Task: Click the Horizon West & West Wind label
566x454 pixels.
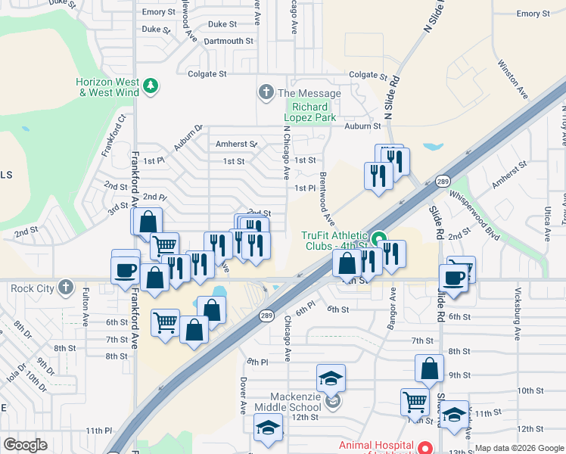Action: point(107,87)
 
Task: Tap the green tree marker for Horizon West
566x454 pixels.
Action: point(151,85)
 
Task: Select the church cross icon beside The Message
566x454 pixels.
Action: point(266,93)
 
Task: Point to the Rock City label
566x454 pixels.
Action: point(33,288)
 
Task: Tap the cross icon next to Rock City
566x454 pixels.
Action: point(67,287)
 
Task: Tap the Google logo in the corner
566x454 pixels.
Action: point(25,445)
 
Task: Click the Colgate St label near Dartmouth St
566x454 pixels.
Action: point(207,74)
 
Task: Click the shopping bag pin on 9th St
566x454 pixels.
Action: point(429,369)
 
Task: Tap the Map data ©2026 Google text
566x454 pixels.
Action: point(519,448)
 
